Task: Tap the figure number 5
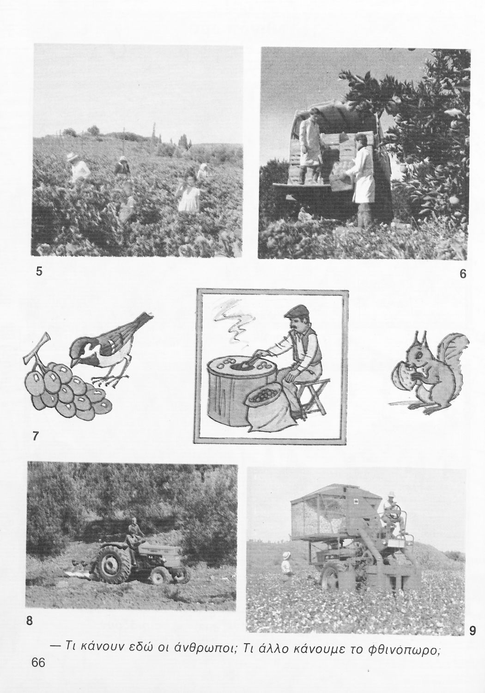(x=39, y=271)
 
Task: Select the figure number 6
(x=463, y=274)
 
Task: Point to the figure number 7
(x=35, y=436)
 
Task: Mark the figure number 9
(x=473, y=630)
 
